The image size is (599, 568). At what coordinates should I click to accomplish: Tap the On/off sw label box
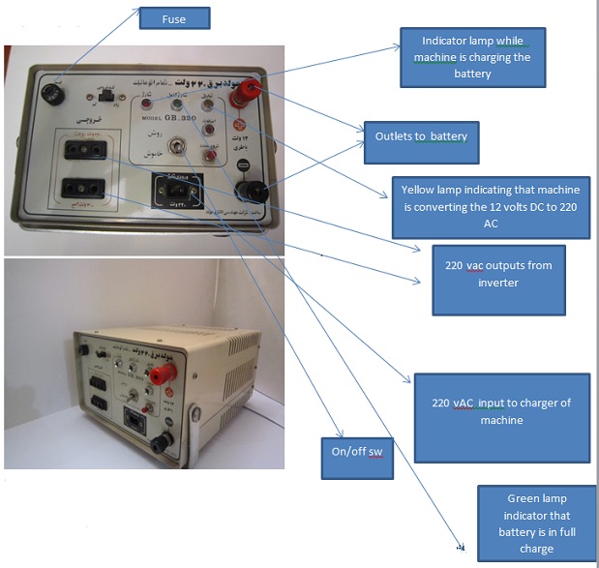358,458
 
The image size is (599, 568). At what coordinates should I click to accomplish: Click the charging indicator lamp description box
472,58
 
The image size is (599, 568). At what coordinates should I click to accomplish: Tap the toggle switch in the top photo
178,147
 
